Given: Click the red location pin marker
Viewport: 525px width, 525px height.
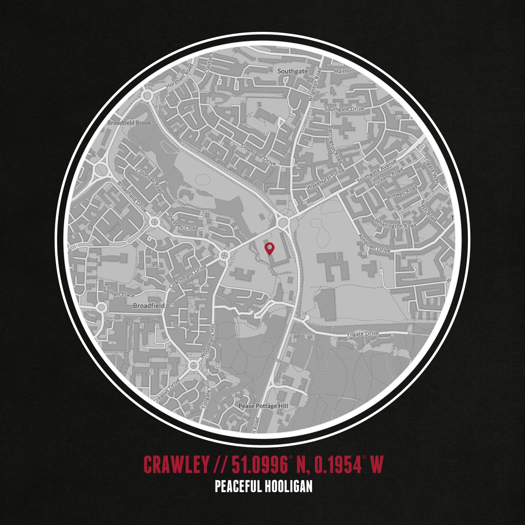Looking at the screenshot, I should point(269,248).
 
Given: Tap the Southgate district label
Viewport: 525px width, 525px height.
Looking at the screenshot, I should point(293,71).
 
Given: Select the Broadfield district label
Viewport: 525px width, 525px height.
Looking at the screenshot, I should point(149,306).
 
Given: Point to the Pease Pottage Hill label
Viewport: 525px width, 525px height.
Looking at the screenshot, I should point(263,406).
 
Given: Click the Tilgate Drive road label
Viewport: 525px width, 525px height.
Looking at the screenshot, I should point(363,334).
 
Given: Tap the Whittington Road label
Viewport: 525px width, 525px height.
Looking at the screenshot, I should point(395,223).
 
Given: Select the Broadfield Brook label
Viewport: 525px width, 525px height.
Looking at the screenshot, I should point(129,123).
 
